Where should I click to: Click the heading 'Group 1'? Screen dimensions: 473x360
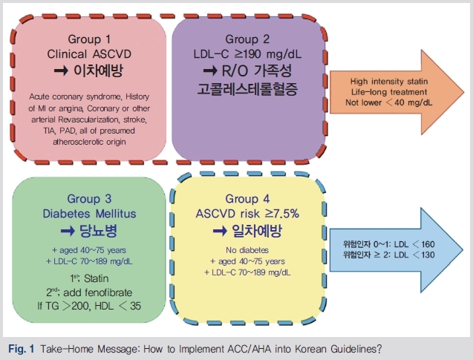pyautogui.click(x=89, y=39)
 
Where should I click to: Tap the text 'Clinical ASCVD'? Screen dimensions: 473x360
pyautogui.click(x=89, y=54)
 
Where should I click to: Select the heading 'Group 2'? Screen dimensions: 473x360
pyautogui.click(x=247, y=39)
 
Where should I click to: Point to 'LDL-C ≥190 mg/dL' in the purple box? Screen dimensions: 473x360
pyautogui.click(x=247, y=54)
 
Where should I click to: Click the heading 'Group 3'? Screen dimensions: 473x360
pyautogui.click(x=89, y=199)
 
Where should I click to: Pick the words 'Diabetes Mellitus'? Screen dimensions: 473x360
pyautogui.click(x=89, y=214)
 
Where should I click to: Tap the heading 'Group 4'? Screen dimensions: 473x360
pyautogui.click(x=247, y=199)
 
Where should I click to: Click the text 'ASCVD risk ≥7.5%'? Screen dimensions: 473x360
pyautogui.click(x=247, y=214)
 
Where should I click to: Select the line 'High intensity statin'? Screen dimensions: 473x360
pyautogui.click(x=389, y=82)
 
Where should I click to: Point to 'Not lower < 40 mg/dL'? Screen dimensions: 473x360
pyautogui.click(x=389, y=102)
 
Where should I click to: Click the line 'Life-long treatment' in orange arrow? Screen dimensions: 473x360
pyautogui.click(x=389, y=92)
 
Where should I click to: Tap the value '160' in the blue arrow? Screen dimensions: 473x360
pyautogui.click(x=428, y=244)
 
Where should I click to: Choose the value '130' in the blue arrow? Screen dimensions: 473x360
pyautogui.click(x=428, y=255)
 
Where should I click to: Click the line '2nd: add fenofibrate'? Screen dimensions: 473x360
pyautogui.click(x=89, y=292)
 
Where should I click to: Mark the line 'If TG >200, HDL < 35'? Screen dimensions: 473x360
pyautogui.click(x=89, y=306)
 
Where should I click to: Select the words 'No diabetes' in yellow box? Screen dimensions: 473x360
pyautogui.click(x=247, y=250)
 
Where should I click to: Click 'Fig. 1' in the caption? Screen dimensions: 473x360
pyautogui.click(x=22, y=349)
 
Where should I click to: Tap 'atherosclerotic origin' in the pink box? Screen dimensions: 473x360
pyautogui.click(x=89, y=142)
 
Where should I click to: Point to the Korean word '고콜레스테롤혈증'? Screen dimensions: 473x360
pyautogui.click(x=247, y=89)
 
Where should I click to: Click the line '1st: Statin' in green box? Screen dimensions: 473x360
pyautogui.click(x=89, y=278)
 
